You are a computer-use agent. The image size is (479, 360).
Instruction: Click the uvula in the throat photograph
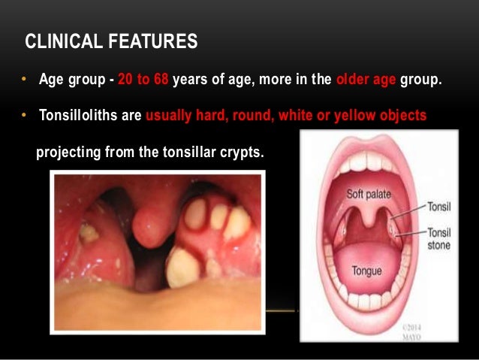[150, 222]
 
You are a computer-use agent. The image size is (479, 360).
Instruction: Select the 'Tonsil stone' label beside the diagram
[442, 238]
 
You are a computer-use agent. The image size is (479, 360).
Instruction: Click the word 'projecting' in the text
[66, 153]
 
